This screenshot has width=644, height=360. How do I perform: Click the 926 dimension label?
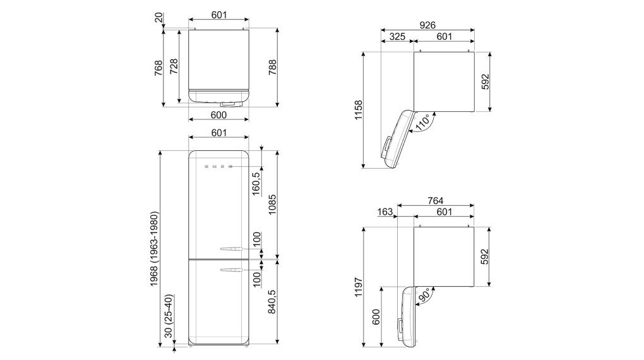point(427,25)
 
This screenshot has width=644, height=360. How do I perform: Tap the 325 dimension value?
point(397,37)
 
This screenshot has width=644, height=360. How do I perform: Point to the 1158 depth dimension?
point(359,110)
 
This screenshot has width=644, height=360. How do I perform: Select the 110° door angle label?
point(424,123)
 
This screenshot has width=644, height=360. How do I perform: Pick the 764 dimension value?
point(436,201)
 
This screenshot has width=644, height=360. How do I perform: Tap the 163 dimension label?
point(385,212)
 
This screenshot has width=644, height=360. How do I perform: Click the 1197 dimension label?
point(359,287)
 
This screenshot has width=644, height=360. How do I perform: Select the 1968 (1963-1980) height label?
point(154,249)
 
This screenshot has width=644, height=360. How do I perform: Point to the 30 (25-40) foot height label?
point(169,316)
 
